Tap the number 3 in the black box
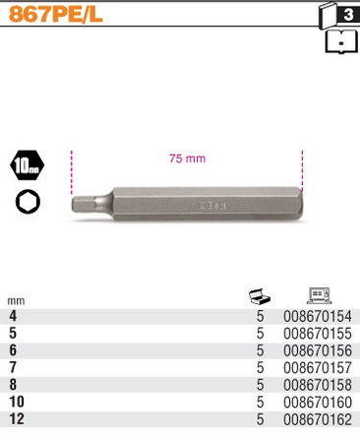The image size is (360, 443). [x=349, y=15]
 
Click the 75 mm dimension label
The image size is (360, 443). [x=187, y=158]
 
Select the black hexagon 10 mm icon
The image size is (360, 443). [x=28, y=165]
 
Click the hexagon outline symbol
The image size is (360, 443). [x=28, y=201]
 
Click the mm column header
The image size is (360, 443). [x=16, y=300]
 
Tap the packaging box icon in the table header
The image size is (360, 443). [x=260, y=295]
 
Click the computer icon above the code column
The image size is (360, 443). [x=319, y=295]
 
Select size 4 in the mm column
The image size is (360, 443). [x=13, y=316]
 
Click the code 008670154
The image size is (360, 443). [x=317, y=316]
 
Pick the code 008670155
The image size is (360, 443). [x=317, y=334]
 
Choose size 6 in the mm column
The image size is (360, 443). [x=13, y=350]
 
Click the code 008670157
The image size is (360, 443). [x=317, y=367]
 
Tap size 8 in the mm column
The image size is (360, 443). [x=13, y=385]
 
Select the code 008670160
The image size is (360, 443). [x=317, y=402]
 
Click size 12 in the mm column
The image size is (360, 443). [x=16, y=419]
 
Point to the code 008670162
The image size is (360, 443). [x=317, y=419]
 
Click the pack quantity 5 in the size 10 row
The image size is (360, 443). [x=261, y=402]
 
